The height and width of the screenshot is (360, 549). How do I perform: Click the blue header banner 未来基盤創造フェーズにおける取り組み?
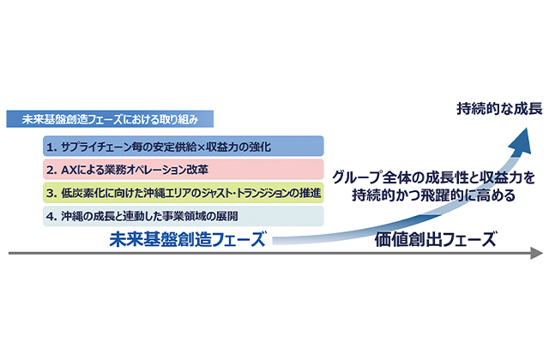[110, 119]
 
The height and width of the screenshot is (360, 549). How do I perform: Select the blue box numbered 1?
[183, 147]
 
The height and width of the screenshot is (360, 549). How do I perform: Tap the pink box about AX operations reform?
[183, 170]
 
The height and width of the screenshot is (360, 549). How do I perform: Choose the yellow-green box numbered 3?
[183, 193]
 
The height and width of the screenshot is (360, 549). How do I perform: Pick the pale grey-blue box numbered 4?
[183, 216]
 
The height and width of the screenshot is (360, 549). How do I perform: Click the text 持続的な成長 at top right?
[499, 109]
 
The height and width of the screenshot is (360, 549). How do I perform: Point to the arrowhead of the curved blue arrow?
[521, 140]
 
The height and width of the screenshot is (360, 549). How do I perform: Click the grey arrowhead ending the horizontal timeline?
[536, 253]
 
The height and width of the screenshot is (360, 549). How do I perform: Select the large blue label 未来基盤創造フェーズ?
[187, 240]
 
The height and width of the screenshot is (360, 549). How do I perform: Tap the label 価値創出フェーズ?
[436, 240]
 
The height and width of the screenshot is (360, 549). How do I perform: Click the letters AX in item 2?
[69, 170]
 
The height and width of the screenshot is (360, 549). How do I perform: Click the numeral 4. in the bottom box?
[51, 217]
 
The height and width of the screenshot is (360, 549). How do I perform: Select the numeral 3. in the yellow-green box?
[51, 194]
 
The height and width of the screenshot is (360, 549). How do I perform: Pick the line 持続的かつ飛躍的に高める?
[434, 195]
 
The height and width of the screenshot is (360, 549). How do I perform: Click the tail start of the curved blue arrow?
[273, 241]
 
